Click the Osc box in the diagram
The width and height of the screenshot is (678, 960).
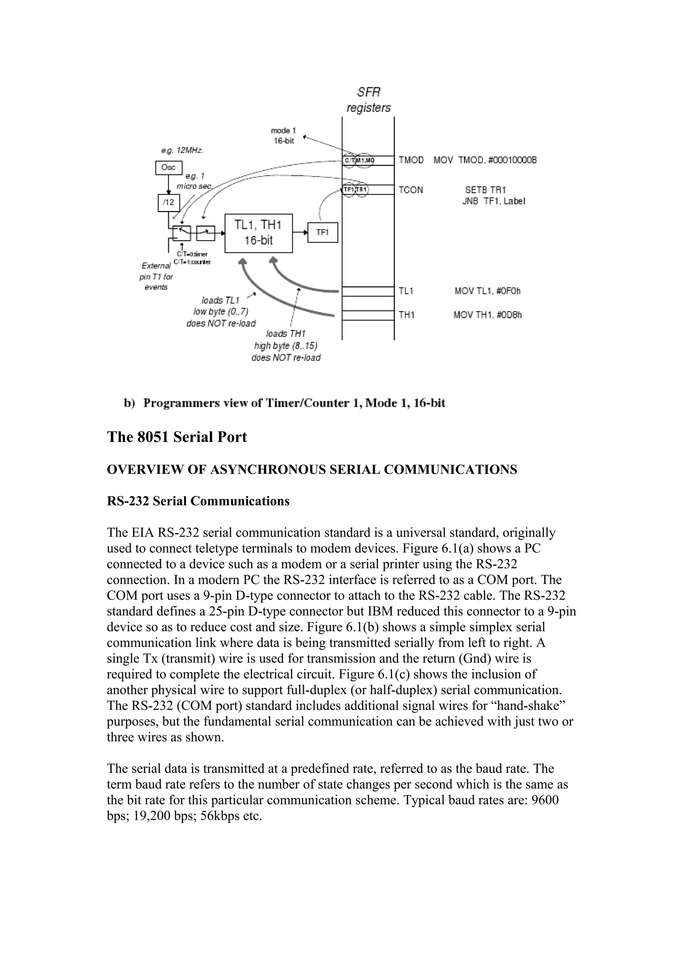pyautogui.click(x=169, y=168)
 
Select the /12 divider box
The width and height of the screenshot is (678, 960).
pyautogui.click(x=169, y=203)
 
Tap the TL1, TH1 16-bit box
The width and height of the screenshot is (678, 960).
pyautogui.click(x=259, y=233)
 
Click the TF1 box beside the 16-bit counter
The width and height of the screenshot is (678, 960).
pyautogui.click(x=322, y=232)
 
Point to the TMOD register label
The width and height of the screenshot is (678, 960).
pyautogui.click(x=411, y=160)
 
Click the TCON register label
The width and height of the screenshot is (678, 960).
pyautogui.click(x=411, y=190)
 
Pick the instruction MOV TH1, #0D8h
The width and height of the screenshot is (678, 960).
pyautogui.click(x=487, y=315)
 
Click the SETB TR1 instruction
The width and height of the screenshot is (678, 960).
pyautogui.click(x=485, y=190)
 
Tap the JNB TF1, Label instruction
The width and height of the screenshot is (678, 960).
pyautogui.click(x=493, y=201)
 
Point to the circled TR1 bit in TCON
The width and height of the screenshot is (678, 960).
pyautogui.click(x=362, y=190)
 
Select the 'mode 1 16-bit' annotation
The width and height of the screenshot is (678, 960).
pyautogui.click(x=284, y=136)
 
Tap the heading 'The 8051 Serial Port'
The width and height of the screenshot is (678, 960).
pyautogui.click(x=177, y=437)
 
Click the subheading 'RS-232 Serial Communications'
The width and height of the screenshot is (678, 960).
pyautogui.click(x=198, y=501)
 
